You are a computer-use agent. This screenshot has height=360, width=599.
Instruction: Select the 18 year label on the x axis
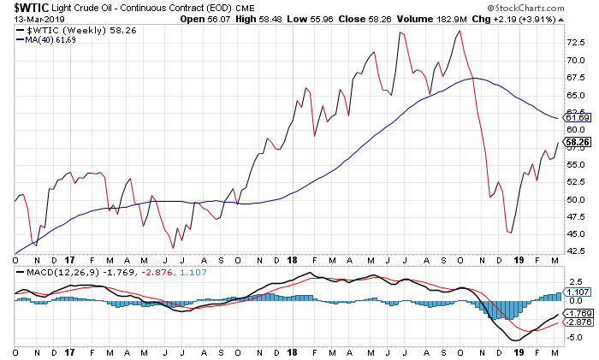coord(293,259)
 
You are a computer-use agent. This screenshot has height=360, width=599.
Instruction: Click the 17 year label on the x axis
coord(70,259)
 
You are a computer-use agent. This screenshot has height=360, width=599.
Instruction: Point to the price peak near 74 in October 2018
coord(460,31)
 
